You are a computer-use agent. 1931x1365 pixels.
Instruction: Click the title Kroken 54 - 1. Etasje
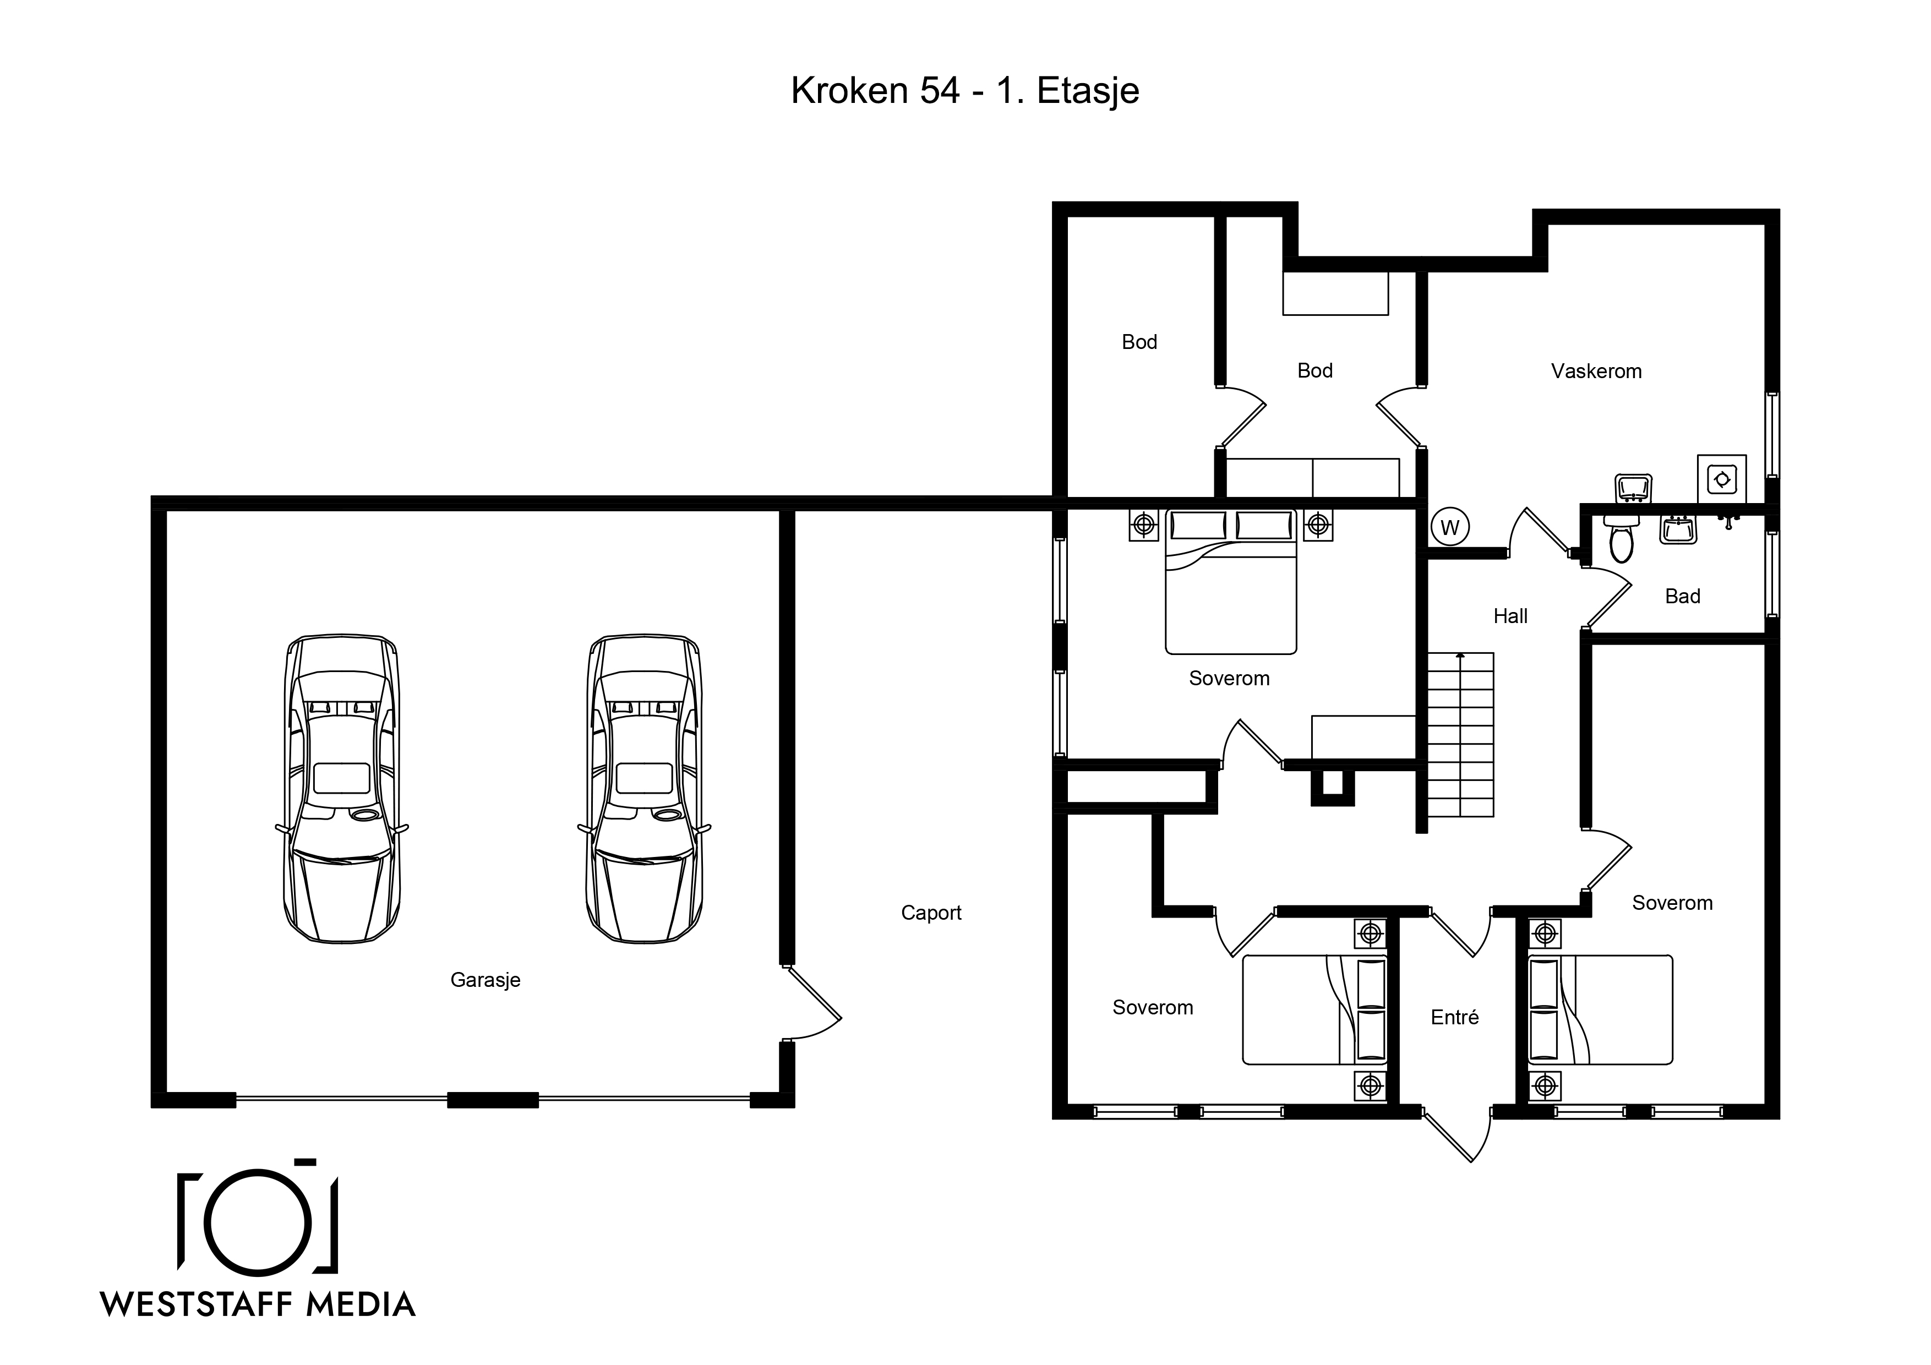pos(964,91)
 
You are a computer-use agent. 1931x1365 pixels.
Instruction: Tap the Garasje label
pos(486,980)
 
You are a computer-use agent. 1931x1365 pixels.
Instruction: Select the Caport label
pos(931,913)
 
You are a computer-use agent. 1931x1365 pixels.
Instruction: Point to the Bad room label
pos(1683,596)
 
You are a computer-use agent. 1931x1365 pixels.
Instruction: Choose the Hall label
pos(1510,616)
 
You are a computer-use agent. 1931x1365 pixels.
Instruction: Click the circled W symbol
pos(1450,527)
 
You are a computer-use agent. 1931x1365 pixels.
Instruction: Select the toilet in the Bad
pos(1621,538)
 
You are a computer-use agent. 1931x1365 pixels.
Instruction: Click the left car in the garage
pos(341,789)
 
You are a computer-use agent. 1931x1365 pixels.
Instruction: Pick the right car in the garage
pos(644,789)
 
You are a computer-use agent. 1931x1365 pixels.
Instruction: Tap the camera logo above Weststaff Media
pos(258,1217)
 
